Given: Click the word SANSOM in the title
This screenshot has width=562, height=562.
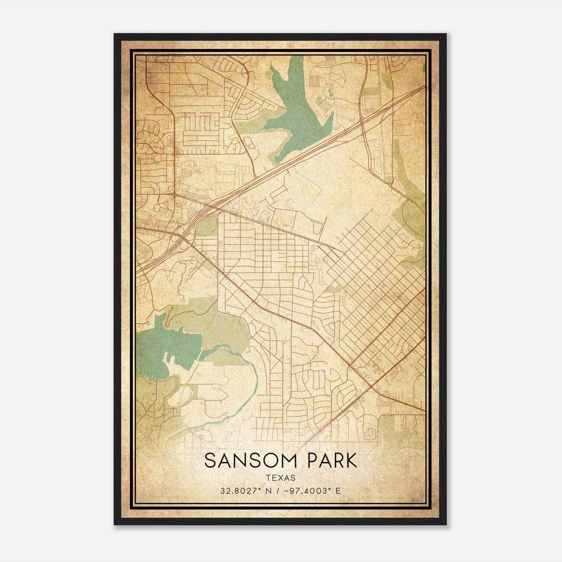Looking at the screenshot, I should (248, 461).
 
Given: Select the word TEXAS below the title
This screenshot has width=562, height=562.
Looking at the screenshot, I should (281, 478).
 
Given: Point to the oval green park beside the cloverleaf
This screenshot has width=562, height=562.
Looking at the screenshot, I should (207, 225).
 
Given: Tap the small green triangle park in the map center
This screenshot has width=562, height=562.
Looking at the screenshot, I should (334, 289).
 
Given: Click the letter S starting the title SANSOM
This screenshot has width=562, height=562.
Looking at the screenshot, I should (210, 461).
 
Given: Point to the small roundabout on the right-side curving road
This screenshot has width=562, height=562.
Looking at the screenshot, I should (391, 183).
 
